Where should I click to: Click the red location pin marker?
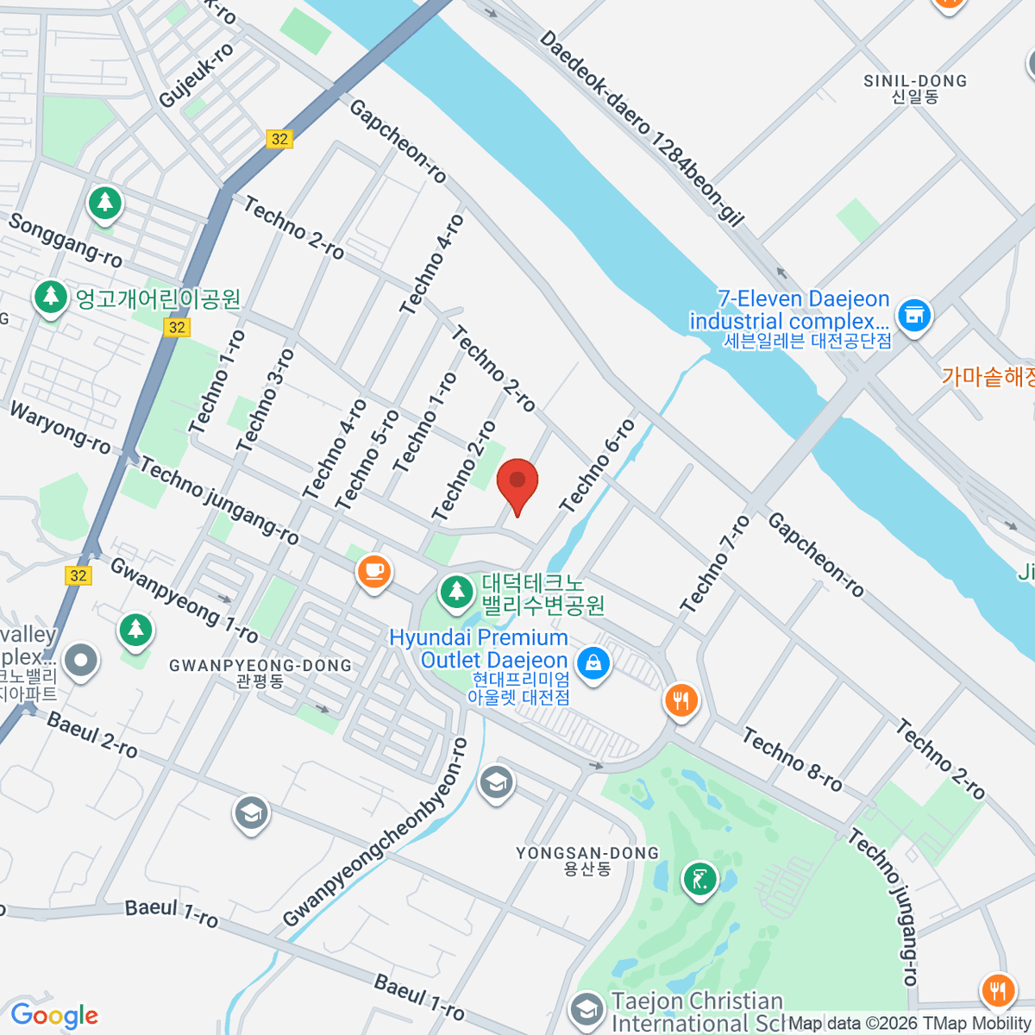pyautogui.click(x=517, y=483)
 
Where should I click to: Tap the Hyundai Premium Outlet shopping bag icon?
pyautogui.click(x=593, y=663)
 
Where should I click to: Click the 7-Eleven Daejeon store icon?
pyautogui.click(x=914, y=315)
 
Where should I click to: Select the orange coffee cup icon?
pyautogui.click(x=373, y=571)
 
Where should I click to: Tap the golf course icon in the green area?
pyautogui.click(x=699, y=881)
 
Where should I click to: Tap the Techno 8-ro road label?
pyautogui.click(x=792, y=760)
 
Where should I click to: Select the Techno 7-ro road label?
pyautogui.click(x=715, y=564)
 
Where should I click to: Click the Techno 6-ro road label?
pyautogui.click(x=597, y=466)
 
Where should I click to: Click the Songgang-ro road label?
pyautogui.click(x=66, y=239)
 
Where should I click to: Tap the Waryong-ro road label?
pyautogui.click(x=60, y=427)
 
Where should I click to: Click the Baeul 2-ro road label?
pyautogui.click(x=92, y=735)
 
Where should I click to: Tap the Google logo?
pyautogui.click(x=54, y=1016)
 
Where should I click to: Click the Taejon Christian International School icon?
pyautogui.click(x=586, y=1007)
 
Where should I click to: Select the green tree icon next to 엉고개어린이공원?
pyautogui.click(x=51, y=298)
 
